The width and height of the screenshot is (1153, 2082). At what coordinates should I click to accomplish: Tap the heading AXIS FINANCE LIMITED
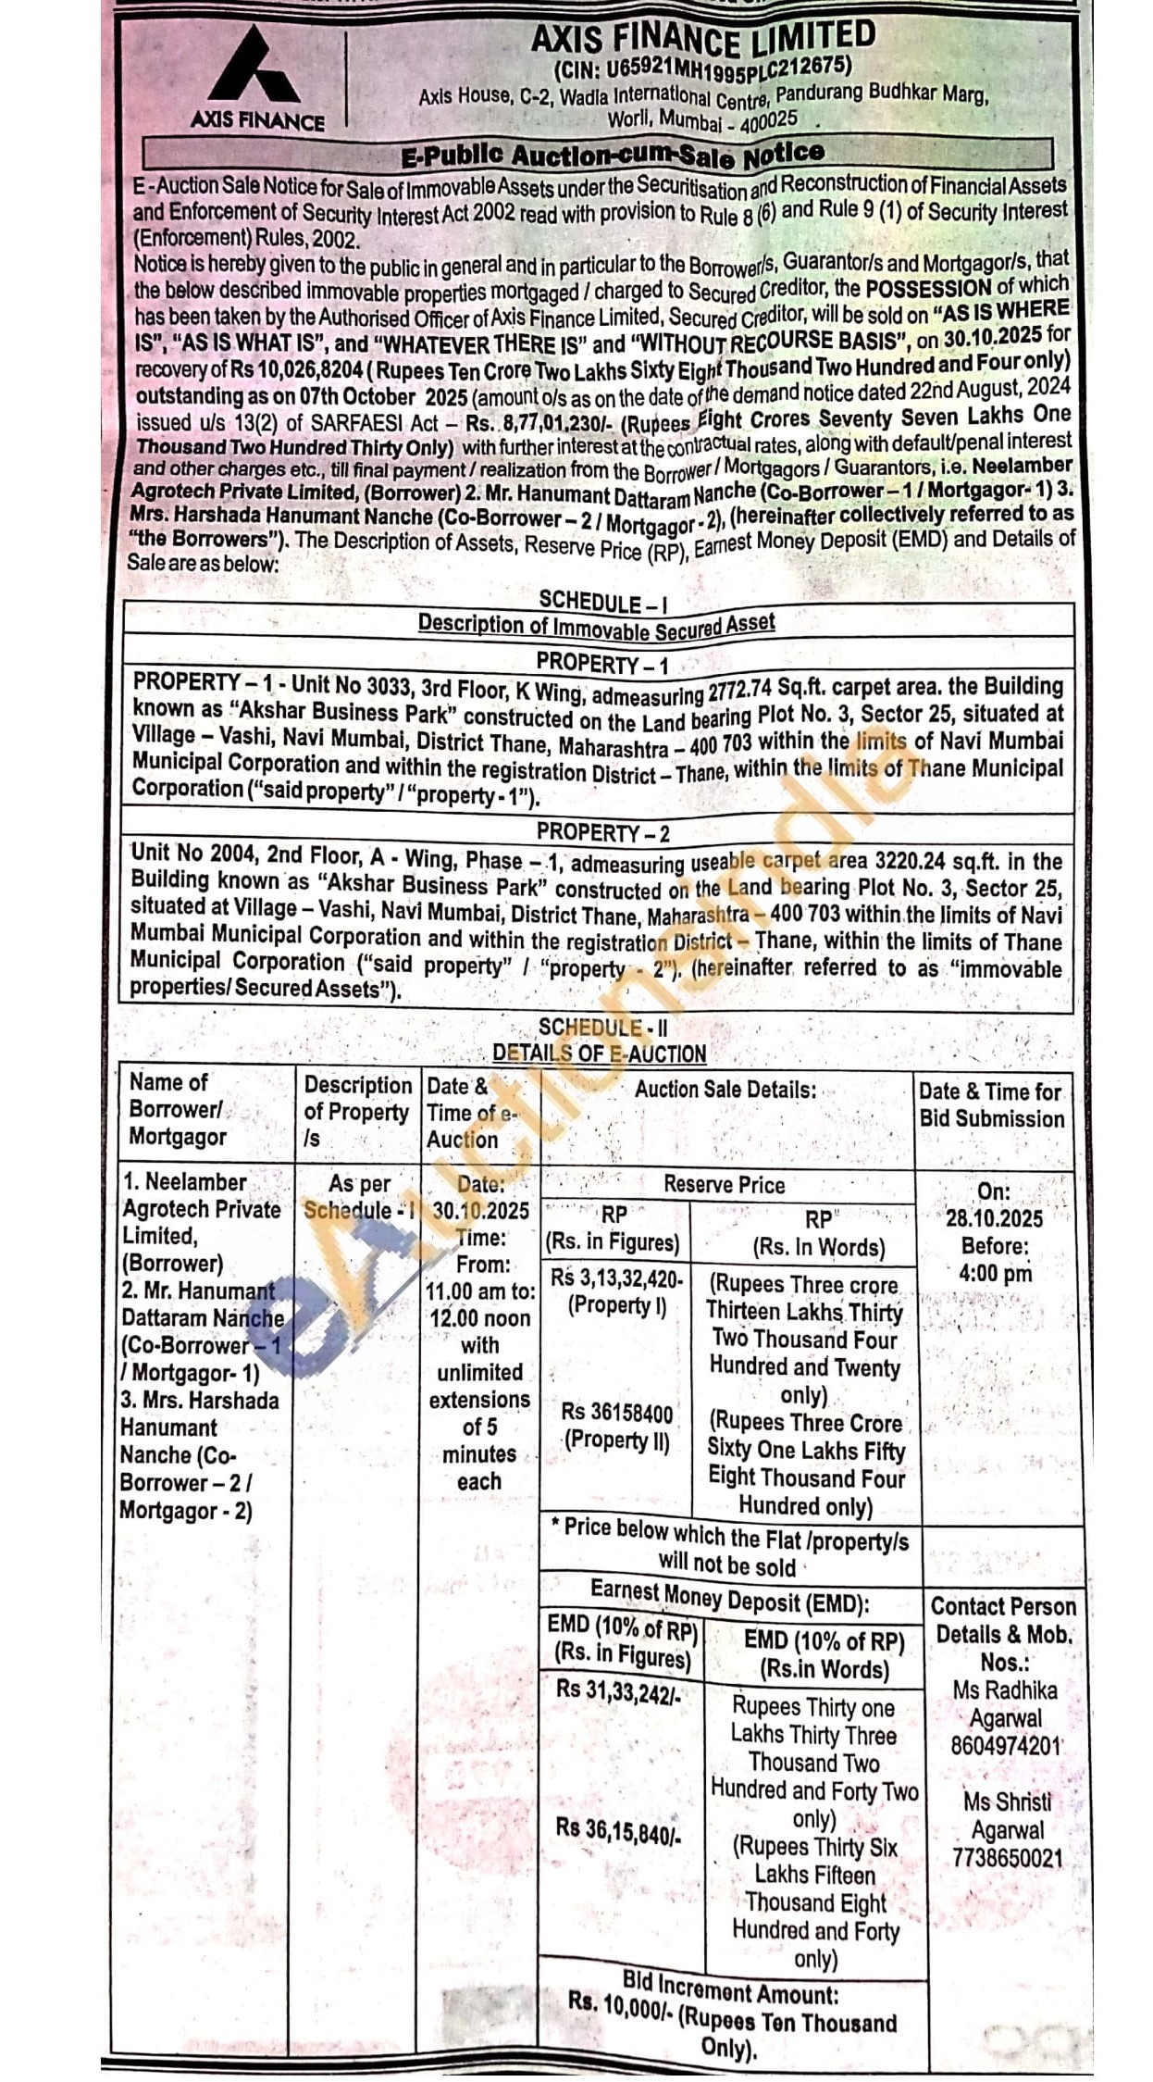(x=703, y=39)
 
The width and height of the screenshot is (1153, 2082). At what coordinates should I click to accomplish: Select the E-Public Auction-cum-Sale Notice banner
(x=611, y=155)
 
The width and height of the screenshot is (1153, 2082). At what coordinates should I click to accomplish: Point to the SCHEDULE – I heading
(x=602, y=603)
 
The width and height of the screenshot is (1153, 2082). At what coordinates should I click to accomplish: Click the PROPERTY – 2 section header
(x=602, y=832)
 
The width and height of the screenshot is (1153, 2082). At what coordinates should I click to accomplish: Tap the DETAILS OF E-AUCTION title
(x=599, y=1053)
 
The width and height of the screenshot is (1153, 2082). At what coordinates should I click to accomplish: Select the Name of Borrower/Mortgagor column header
(x=177, y=1109)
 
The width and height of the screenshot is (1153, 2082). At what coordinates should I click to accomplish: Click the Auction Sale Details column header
(x=725, y=1090)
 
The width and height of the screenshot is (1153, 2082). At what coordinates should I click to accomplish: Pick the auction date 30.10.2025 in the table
(x=481, y=1211)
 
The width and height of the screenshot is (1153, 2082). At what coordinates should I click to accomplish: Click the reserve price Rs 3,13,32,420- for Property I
(x=616, y=1278)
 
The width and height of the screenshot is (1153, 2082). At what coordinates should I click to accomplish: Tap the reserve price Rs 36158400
(x=617, y=1413)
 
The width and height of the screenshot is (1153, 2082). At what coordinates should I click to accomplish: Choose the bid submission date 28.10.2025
(x=994, y=1218)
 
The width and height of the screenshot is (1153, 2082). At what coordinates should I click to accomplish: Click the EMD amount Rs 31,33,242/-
(x=618, y=1689)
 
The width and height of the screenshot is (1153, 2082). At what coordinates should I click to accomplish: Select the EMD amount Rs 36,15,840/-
(x=618, y=1830)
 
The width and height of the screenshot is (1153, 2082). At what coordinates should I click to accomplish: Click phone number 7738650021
(x=1008, y=1858)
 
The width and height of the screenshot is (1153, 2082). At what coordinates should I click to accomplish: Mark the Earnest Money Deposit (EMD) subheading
(x=729, y=1598)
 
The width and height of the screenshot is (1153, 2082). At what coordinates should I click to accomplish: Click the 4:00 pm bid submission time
(x=995, y=1273)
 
